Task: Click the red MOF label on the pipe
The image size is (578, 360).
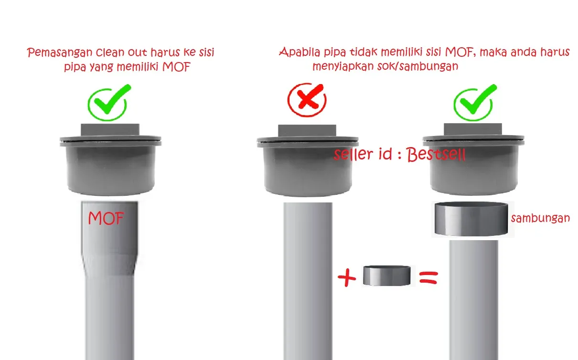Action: [x=106, y=218]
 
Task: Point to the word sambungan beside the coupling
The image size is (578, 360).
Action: [x=540, y=218]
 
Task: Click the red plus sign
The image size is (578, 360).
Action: [x=347, y=277]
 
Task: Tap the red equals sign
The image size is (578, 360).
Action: [x=428, y=277]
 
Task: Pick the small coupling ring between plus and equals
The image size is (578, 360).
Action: [x=387, y=275]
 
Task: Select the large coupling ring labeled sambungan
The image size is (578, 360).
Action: [x=471, y=219]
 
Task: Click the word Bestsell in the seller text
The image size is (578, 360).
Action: [x=436, y=154]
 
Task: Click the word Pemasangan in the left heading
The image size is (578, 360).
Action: [x=60, y=53]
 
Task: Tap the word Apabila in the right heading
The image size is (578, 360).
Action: [x=300, y=52]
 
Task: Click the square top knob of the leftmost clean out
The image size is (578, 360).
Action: [x=110, y=130]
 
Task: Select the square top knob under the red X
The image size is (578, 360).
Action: [x=307, y=131]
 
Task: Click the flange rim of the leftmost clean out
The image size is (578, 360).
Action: [x=110, y=141]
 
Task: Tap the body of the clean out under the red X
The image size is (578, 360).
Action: [x=308, y=171]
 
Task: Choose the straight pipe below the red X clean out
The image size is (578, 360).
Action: [x=308, y=281]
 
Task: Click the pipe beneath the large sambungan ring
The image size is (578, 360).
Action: [x=474, y=300]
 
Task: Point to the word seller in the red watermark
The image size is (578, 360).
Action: [x=353, y=154]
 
